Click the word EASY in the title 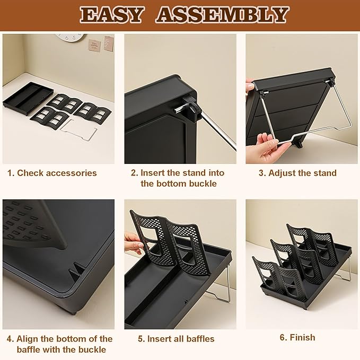(113, 15)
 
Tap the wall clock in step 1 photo (69, 38)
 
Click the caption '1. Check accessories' (52, 173)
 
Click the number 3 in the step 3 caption (260, 173)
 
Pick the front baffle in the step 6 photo (274, 275)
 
